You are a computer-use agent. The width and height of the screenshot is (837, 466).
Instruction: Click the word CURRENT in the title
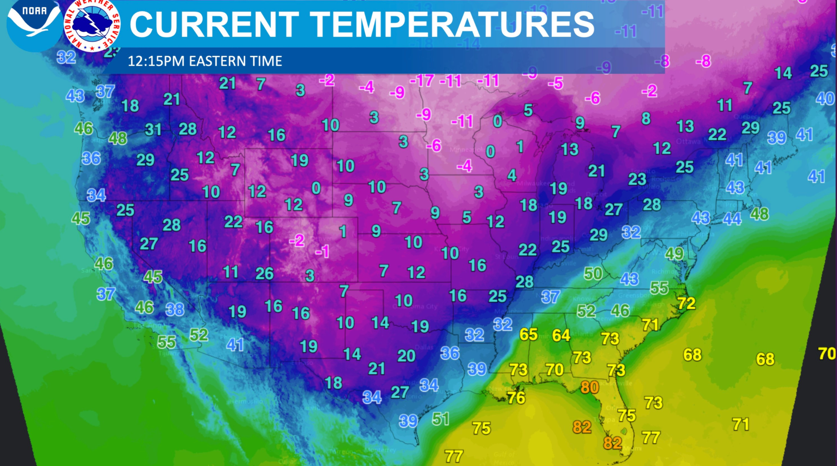pyautogui.click(x=214, y=24)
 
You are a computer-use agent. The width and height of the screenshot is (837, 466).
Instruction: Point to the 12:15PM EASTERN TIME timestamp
pyautogui.click(x=205, y=61)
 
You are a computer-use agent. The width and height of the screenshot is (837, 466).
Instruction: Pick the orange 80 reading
pyautogui.click(x=590, y=387)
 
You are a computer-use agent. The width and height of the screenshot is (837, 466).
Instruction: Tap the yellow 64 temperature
pyautogui.click(x=561, y=335)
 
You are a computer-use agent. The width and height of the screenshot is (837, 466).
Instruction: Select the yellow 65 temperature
pyautogui.click(x=529, y=334)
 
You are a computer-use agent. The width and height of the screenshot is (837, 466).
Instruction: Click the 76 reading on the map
pyautogui.click(x=516, y=398)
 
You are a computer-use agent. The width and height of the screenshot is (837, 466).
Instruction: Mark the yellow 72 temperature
pyautogui.click(x=687, y=303)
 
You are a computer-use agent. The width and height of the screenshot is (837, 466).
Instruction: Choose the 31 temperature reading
pyautogui.click(x=153, y=130)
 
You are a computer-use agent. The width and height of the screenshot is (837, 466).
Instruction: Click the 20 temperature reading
pyautogui.click(x=406, y=356)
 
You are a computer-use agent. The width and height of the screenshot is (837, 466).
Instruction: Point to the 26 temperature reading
pyautogui.click(x=265, y=274)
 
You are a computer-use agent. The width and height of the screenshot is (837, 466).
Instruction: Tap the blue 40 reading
pyautogui.click(x=825, y=99)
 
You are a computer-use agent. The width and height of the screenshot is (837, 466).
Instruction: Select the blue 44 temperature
pyautogui.click(x=732, y=219)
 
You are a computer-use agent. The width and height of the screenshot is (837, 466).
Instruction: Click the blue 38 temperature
pyautogui.click(x=175, y=309)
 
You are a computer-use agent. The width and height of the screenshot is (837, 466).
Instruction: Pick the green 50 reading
pyautogui.click(x=593, y=274)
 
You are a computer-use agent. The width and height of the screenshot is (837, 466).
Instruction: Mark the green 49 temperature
pyautogui.click(x=674, y=254)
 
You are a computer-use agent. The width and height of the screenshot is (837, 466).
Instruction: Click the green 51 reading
pyautogui.click(x=441, y=419)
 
